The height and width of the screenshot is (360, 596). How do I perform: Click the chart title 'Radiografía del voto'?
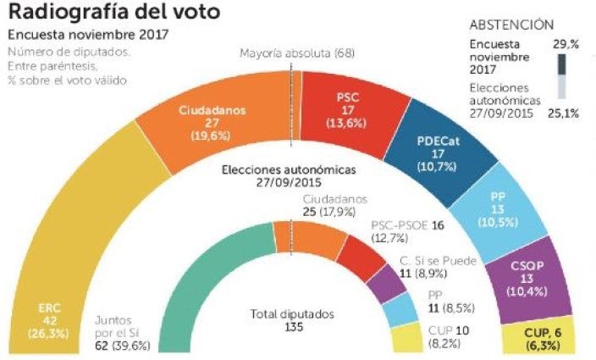tap(114, 13)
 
